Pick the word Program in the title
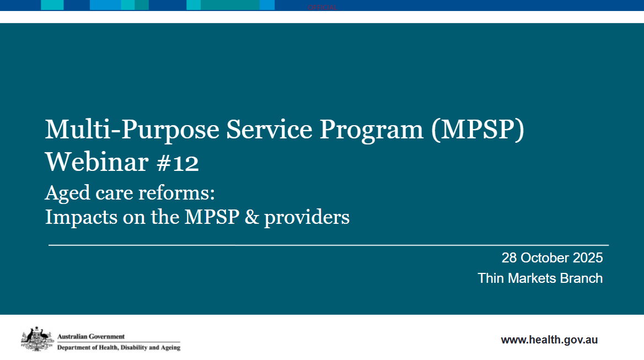tap(372, 131)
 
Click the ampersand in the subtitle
tap(251, 217)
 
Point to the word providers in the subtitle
tap(307, 217)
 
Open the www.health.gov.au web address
tap(549, 340)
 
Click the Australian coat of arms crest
tap(36, 338)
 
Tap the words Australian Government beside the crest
tap(91, 336)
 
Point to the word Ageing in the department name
tap(169, 348)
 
